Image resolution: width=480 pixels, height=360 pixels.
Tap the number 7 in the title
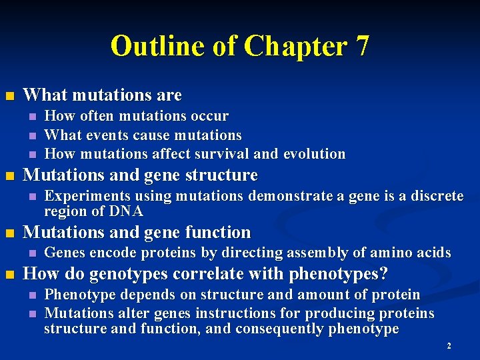[362, 46]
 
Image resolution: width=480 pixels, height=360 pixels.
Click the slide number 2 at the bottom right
[449, 346]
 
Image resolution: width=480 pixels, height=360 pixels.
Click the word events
[107, 135]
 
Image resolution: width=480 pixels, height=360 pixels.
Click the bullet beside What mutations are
[9, 95]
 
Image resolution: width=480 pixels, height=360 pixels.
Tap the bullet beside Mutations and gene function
[9, 233]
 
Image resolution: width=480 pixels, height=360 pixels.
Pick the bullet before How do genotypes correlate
[9, 275]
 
